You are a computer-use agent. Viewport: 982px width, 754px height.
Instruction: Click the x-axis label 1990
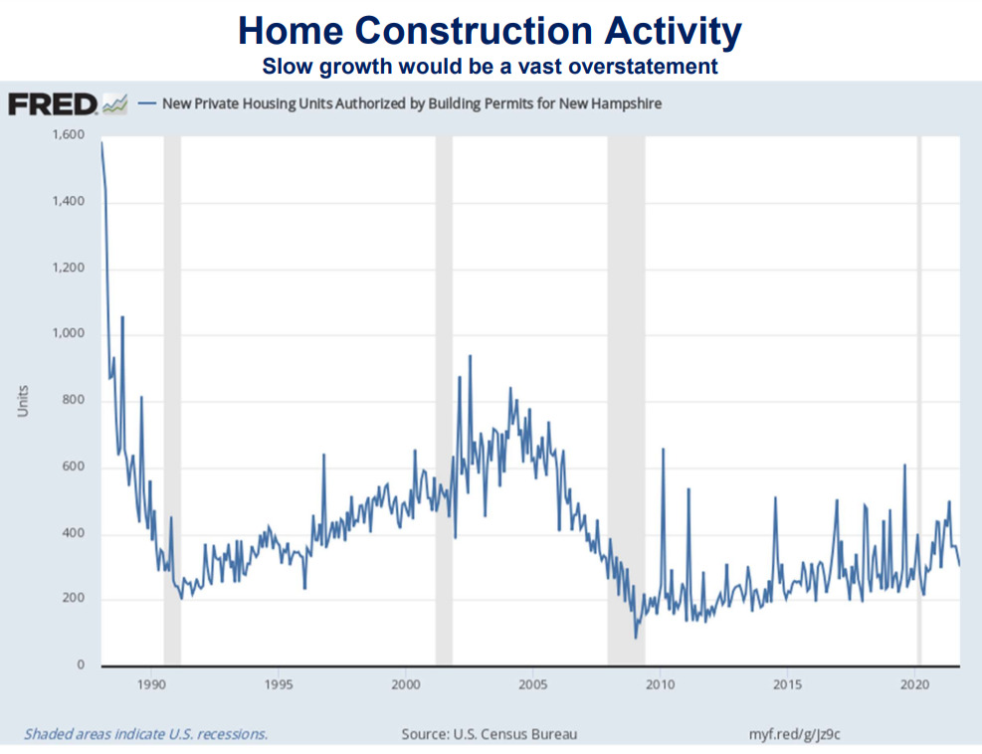pyautogui.click(x=151, y=685)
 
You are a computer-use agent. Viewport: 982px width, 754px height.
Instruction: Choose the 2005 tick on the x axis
pyautogui.click(x=532, y=685)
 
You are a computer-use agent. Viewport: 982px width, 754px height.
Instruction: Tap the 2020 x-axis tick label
pyautogui.click(x=914, y=685)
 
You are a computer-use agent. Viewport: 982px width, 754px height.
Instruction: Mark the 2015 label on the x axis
pyautogui.click(x=787, y=685)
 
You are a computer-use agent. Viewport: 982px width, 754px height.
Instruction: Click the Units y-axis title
pyautogui.click(x=23, y=400)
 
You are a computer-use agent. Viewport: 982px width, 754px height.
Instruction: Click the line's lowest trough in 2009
pyautogui.click(x=636, y=638)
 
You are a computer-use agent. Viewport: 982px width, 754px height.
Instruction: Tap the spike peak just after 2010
pyautogui.click(x=663, y=450)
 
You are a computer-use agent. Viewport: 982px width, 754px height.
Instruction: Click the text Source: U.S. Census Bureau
pyautogui.click(x=489, y=734)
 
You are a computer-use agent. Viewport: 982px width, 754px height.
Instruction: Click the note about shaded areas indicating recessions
pyautogui.click(x=145, y=734)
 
